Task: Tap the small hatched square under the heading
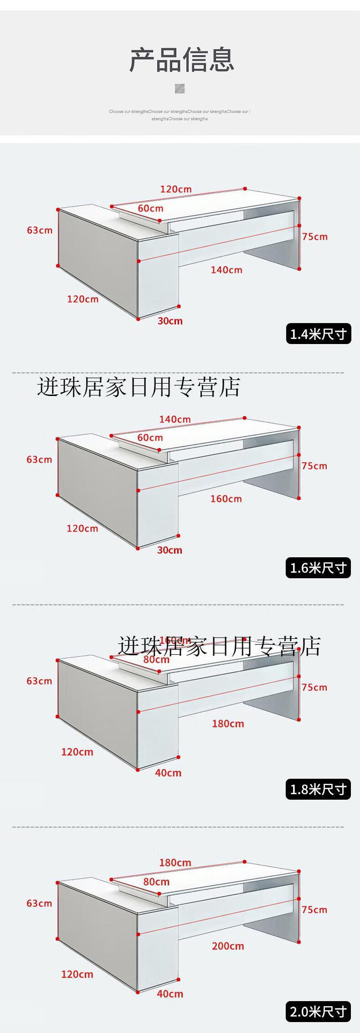coord(180,88)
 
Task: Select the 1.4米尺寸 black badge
coord(319,334)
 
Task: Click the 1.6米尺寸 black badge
coord(319,568)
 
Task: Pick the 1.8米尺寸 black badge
coord(319,789)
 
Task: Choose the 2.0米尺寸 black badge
coord(319,1012)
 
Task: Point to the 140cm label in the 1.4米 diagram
coord(226,270)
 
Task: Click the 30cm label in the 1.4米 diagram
coord(170,321)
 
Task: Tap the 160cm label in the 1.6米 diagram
coord(226,499)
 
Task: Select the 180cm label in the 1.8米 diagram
coord(228,724)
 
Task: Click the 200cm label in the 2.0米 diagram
coord(228,946)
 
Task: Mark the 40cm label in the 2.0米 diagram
coord(170,994)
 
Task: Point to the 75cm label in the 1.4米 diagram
coord(314,236)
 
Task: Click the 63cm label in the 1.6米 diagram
coord(39,459)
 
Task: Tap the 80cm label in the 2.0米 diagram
coord(156,882)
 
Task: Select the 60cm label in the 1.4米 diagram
coord(150,208)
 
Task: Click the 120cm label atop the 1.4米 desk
coord(176,189)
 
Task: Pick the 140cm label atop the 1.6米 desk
coord(175,419)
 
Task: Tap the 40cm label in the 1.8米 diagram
coord(168,773)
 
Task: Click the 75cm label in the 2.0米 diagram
coord(314,910)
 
